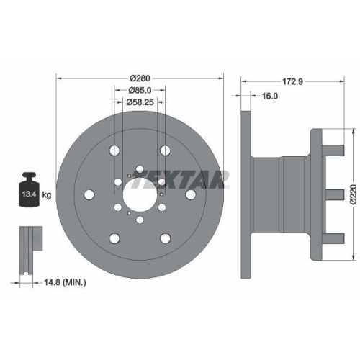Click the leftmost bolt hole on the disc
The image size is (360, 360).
click(x=89, y=194)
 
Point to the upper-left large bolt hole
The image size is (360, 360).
click(x=114, y=150)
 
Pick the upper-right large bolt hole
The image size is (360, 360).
click(x=165, y=150)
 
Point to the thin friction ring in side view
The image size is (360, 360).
click(x=244, y=193)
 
